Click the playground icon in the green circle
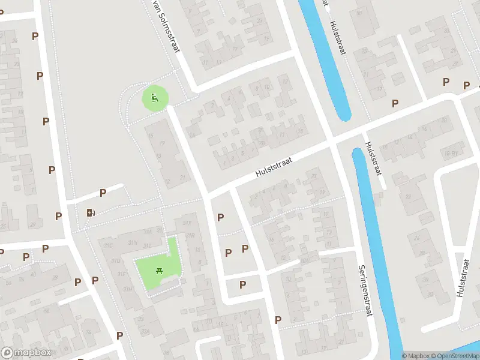pyautogui.click(x=155, y=98)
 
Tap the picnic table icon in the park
pyautogui.click(x=160, y=271)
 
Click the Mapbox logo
pyautogui.click(x=26, y=353)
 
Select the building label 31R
pyautogui.click(x=191, y=236)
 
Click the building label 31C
pyautogui.click(x=108, y=245)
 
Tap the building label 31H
pyautogui.click(x=128, y=289)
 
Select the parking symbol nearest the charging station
pyautogui.click(x=103, y=193)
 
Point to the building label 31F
pyautogui.click(x=121, y=274)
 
